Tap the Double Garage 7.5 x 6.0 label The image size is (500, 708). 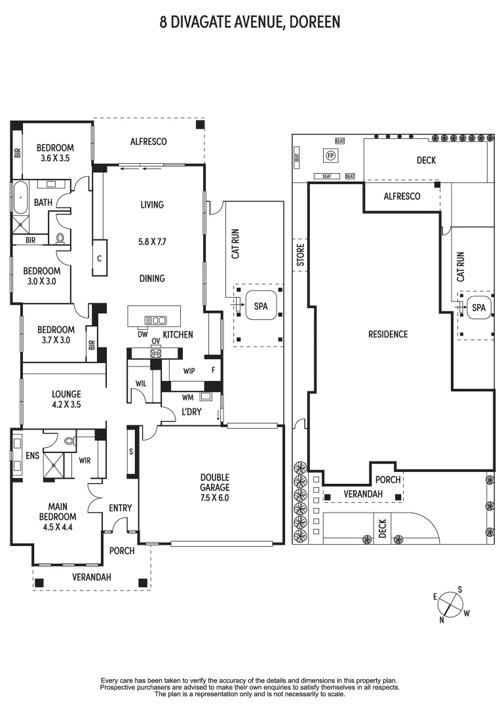pos(214,487)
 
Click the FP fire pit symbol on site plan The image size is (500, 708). pos(331,155)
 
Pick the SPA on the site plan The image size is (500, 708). pos(478,307)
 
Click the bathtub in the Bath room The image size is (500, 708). pos(19,196)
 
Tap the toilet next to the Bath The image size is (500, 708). pos(61,238)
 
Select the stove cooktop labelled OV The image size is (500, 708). pos(156,352)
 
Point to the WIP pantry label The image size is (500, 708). pos(189,370)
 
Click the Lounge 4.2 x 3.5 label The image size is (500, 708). pos(66,399)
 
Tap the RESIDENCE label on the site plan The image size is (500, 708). pos(387,334)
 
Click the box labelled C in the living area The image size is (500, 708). pos(100,258)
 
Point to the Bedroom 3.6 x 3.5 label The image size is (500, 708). pos(54,153)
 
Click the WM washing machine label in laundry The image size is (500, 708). pos(187,397)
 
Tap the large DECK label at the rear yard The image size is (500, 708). pos(426,160)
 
